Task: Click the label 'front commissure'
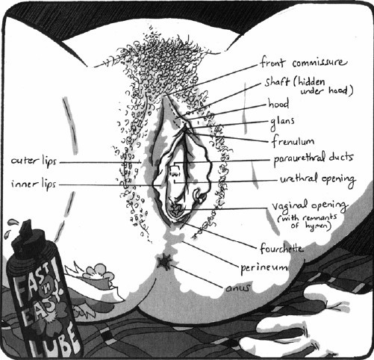tap(303, 62)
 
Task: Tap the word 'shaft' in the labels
tap(277, 81)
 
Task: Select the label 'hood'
tap(278, 103)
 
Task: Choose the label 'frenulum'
tap(293, 141)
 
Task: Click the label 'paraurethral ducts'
tap(314, 158)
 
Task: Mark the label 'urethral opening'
tap(318, 179)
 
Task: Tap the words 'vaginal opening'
tap(309, 205)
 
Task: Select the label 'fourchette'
tap(281, 248)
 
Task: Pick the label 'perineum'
tap(264, 268)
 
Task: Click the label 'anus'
tap(237, 288)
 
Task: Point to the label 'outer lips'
tap(34, 161)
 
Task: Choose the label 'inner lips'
tap(34, 184)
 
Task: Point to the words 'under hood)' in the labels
tap(327, 90)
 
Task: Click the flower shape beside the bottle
tap(99, 273)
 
